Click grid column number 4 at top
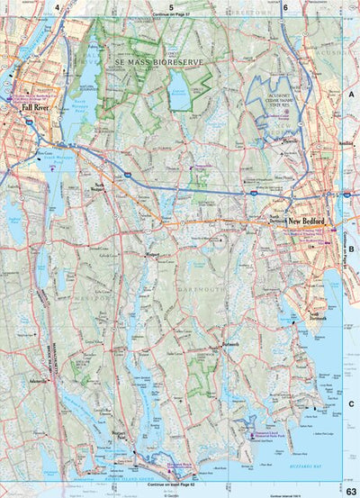58,7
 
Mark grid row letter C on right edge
352,404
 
